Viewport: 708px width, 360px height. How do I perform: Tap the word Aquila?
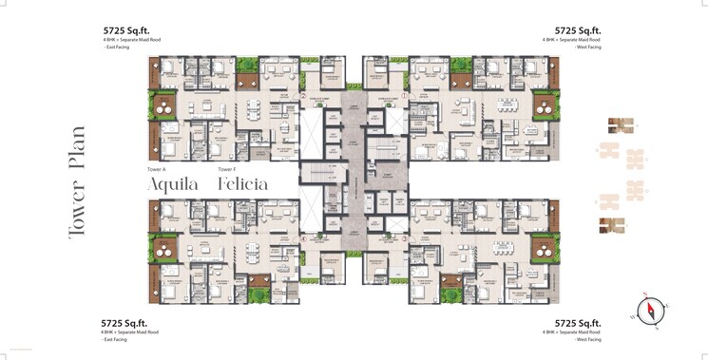tap(172, 183)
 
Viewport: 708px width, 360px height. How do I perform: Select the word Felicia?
tap(242, 183)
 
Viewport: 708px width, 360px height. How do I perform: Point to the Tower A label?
tap(158, 168)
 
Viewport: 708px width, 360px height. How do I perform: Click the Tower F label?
tap(227, 168)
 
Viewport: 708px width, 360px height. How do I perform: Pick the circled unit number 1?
tap(404, 96)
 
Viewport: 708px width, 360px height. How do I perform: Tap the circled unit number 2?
tap(302, 96)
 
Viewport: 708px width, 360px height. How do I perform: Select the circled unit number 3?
tap(404, 238)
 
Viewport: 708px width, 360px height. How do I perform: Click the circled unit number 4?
tap(302, 238)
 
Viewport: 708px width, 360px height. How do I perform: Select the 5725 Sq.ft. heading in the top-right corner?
tap(578, 29)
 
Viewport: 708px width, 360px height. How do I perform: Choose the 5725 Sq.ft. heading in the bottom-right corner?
tap(578, 323)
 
